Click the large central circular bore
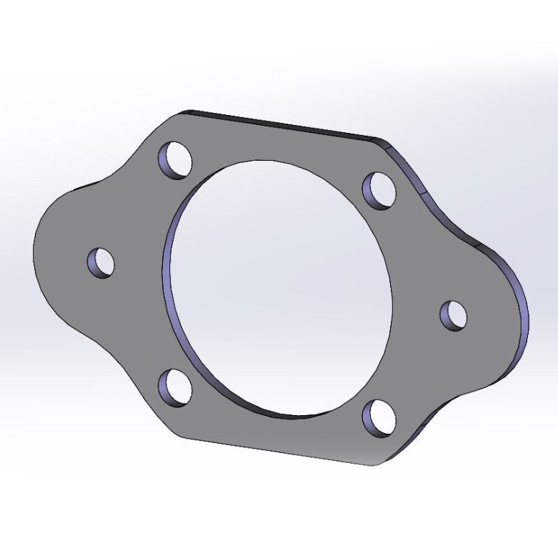280,286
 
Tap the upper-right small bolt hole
381,189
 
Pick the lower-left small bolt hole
176,387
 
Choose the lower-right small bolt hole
380,419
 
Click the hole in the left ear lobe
101,262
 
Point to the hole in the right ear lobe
454,315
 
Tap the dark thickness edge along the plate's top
286,124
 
